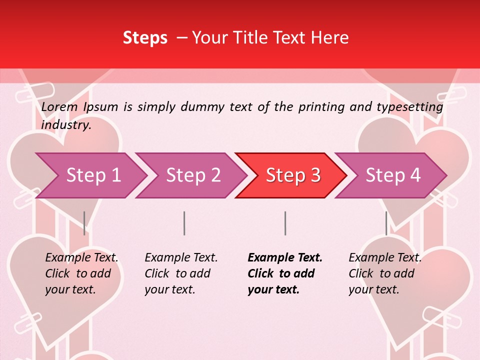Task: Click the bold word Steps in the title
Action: pos(145,38)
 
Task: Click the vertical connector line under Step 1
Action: pos(84,223)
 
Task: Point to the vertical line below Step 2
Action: pos(184,223)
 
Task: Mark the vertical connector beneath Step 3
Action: pos(285,223)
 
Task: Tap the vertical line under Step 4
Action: pos(386,223)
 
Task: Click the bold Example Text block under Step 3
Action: pos(285,273)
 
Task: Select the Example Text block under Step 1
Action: pos(81,273)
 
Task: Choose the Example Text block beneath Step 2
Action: pos(181,273)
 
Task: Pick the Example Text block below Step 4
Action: pos(385,273)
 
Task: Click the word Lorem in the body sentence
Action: pos(59,106)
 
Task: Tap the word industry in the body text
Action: pos(66,125)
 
